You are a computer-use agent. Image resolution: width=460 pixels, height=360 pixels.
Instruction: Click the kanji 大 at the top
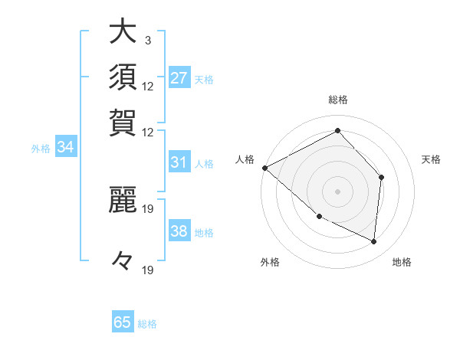[123, 31]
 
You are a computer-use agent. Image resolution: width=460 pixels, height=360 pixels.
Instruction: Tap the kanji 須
[123, 77]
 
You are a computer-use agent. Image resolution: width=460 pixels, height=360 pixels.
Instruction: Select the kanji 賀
[123, 122]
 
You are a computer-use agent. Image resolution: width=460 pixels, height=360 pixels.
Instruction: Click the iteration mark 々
[123, 261]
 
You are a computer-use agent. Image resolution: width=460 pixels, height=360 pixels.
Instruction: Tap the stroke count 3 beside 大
[147, 40]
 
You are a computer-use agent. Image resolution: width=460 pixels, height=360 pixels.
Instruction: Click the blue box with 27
[179, 78]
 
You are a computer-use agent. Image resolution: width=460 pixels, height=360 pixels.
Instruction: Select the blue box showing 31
[179, 163]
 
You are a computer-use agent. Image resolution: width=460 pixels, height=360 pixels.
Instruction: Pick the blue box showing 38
[179, 232]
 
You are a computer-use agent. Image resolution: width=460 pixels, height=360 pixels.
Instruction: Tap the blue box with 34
[65, 148]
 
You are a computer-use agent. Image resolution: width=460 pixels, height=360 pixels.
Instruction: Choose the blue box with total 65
[123, 322]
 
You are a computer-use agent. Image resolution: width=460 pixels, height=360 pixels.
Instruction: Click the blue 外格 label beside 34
[41, 149]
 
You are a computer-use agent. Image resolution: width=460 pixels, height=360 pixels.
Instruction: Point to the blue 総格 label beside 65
[147, 324]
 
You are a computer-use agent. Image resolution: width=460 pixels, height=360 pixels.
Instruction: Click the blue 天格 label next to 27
[204, 79]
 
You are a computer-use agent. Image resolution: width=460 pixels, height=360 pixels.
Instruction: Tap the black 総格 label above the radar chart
[337, 100]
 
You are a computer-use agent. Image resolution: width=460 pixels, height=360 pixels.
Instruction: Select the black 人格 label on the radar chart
[245, 159]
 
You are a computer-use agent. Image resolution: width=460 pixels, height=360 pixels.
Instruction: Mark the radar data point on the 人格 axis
[264, 168]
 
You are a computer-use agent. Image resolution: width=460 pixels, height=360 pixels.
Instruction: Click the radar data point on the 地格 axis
[373, 241]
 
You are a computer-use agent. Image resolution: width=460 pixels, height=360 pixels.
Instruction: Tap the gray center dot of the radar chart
[337, 191]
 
